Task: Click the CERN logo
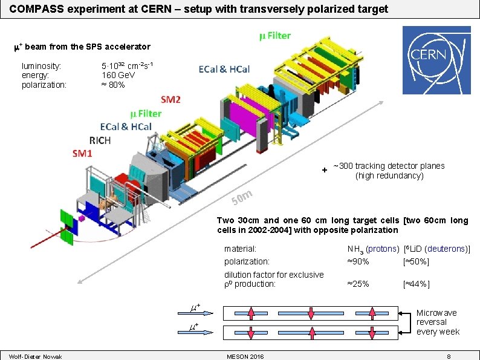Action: point(436,55)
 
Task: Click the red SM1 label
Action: point(82,154)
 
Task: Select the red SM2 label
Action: point(170,100)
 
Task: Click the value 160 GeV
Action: point(118,75)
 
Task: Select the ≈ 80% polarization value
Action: point(113,85)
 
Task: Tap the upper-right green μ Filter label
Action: point(274,36)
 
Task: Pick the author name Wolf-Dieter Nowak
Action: point(36,356)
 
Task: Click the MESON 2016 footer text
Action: point(244,356)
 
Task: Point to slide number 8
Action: point(449,356)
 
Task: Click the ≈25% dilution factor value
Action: point(358,284)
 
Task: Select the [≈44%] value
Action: point(416,284)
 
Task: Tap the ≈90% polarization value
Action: point(358,261)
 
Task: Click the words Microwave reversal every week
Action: point(437,322)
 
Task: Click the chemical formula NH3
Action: point(355,249)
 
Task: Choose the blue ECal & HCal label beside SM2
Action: point(224,70)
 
